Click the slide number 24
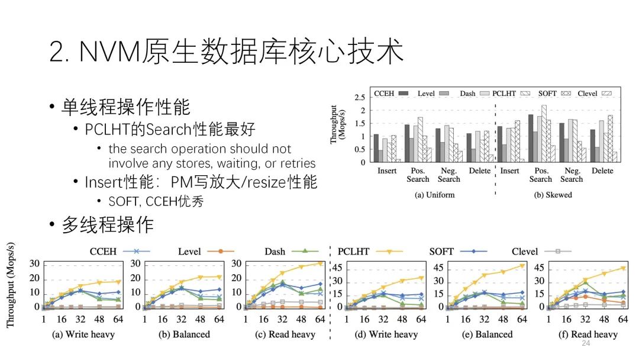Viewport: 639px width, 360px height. pyautogui.click(x=586, y=343)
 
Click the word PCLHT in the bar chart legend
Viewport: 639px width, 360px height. pyautogui.click(x=503, y=93)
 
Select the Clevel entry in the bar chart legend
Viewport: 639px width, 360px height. pyautogui.click(x=588, y=93)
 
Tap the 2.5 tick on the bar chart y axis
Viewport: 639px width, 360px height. pyautogui.click(x=359, y=97)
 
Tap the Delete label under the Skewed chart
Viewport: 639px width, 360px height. pyautogui.click(x=602, y=171)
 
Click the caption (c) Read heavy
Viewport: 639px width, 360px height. pyautogui.click(x=286, y=335)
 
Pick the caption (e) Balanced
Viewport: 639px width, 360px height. pyautogui.click(x=486, y=335)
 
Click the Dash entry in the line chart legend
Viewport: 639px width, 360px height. pyautogui.click(x=275, y=252)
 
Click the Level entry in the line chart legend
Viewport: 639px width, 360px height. pyautogui.click(x=189, y=252)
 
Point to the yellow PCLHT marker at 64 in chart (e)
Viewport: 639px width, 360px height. pyautogui.click(x=522, y=266)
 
